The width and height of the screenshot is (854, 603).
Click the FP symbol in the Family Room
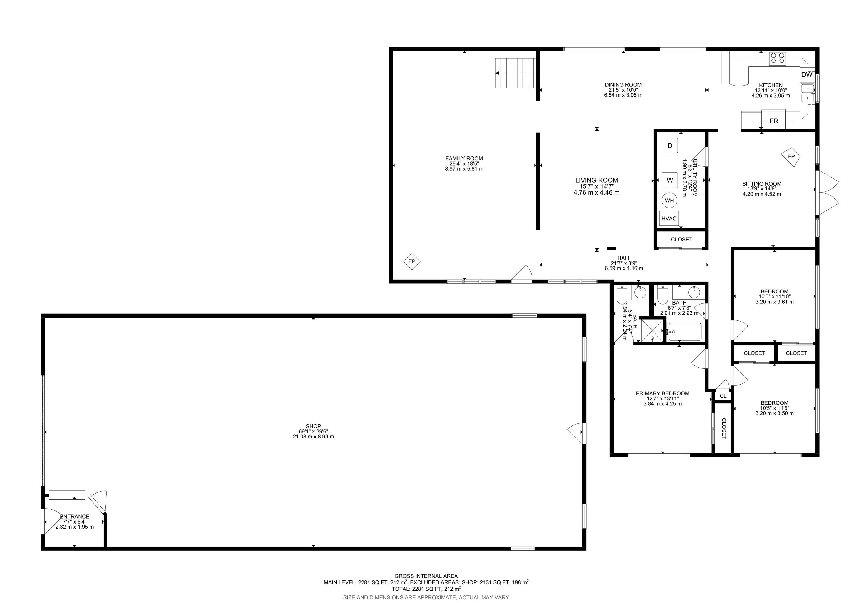[x=412, y=261]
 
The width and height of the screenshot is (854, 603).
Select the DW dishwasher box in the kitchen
[x=806, y=75]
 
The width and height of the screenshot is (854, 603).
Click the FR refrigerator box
[x=774, y=121]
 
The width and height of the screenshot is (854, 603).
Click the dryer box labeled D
[x=670, y=146]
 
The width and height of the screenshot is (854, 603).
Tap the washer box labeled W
[x=670, y=180]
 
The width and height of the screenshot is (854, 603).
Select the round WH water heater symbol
[x=669, y=201]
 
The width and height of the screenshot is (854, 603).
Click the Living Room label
[x=597, y=180]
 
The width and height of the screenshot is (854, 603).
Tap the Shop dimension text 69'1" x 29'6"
[x=313, y=431]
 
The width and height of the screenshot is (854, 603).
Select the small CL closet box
[x=723, y=396]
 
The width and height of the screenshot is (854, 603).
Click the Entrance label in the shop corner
[x=75, y=516]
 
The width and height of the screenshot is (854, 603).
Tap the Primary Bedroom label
[x=662, y=393]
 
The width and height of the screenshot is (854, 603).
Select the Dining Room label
[x=623, y=85]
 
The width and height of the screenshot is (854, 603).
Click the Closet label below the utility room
[x=681, y=240]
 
